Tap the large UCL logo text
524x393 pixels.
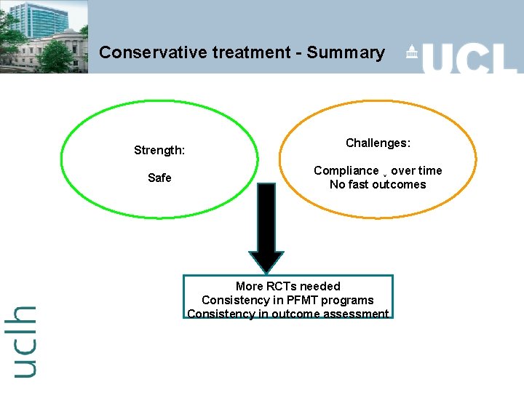tap(469, 57)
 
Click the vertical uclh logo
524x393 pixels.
tap(24, 341)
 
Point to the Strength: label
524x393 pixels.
tap(159, 151)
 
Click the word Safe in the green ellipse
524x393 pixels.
tap(159, 178)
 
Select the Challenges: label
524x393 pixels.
tap(378, 143)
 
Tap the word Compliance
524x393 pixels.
tap(346, 170)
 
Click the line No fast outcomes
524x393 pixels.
tap(378, 184)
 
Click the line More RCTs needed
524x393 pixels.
tap(287, 286)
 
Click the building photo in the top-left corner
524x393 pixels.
tap(44, 36)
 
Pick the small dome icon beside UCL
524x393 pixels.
tap(412, 52)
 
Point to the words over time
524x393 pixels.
tap(416, 170)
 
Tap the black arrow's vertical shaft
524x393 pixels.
tap(268, 215)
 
